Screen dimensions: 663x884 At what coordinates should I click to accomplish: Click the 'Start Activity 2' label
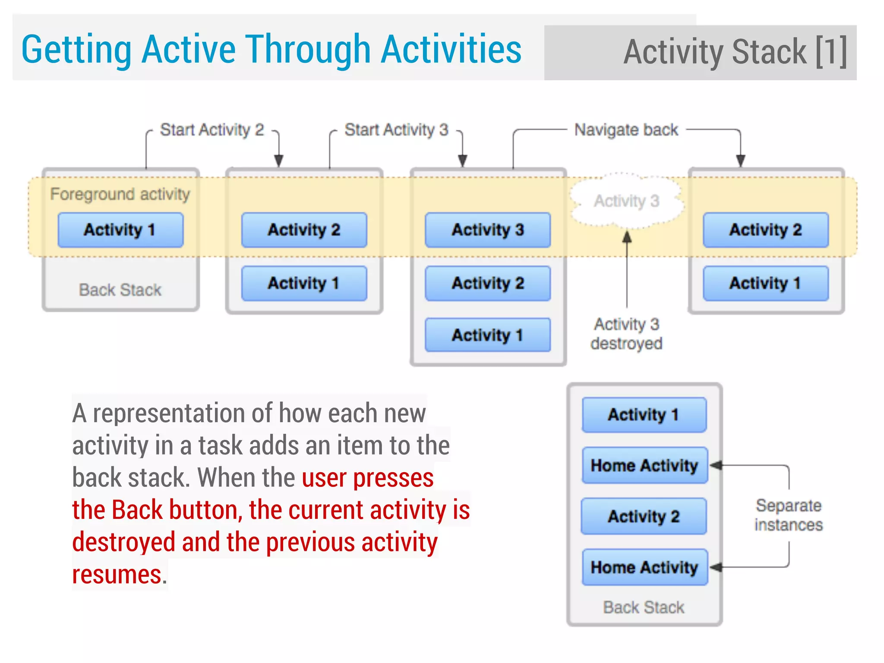212,129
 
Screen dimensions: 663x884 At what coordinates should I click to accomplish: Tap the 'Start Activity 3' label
396,129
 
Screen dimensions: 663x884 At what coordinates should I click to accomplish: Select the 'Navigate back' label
626,129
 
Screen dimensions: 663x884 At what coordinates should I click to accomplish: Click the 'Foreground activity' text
120,194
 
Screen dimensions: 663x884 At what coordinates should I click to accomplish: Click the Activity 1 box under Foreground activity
120,230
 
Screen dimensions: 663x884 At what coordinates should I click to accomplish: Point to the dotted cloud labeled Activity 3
626,201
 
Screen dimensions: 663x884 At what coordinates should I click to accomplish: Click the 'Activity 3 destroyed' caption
626,334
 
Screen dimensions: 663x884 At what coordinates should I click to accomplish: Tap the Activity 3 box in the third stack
487,230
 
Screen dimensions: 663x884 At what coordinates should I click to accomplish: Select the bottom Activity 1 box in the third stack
487,335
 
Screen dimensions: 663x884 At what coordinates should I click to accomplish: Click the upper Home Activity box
644,465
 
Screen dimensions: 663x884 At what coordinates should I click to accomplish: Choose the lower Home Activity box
644,567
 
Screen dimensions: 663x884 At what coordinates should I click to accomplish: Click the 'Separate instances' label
788,515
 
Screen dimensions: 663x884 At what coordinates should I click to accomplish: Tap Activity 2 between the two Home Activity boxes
644,516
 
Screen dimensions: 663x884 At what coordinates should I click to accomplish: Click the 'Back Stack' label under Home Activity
644,607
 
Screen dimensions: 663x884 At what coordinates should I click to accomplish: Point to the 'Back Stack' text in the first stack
120,290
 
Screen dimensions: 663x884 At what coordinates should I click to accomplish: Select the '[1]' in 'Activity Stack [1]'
831,52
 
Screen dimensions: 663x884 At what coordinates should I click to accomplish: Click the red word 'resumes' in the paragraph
117,575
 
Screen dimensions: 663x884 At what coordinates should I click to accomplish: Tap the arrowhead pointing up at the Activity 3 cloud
627,237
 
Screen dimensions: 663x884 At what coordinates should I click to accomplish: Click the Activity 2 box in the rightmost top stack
765,230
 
